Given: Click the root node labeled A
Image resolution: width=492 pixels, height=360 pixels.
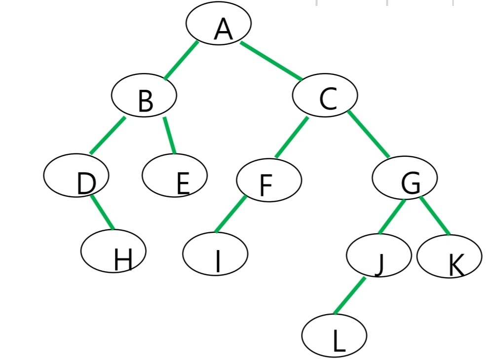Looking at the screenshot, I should [x=219, y=23].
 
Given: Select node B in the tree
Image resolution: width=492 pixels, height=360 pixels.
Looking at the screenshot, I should [x=144, y=96].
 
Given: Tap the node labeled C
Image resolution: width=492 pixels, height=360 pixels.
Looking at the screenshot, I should [x=325, y=96].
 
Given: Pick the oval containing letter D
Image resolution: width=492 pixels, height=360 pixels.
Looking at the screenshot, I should [x=76, y=176].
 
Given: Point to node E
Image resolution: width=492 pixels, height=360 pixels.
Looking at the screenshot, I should [x=175, y=176].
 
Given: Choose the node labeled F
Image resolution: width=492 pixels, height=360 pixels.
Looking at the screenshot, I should [x=269, y=180].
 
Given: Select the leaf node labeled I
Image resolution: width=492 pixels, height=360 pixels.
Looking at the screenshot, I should [x=215, y=254].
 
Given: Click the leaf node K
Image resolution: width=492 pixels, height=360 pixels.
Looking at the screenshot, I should [x=449, y=257].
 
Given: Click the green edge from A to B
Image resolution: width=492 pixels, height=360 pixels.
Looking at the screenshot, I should [x=181, y=60].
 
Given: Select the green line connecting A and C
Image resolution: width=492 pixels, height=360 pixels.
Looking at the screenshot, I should [x=271, y=61].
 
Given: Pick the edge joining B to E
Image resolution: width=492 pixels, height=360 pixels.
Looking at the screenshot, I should [x=170, y=135].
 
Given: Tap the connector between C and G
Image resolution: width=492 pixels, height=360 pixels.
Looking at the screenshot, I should [x=368, y=134].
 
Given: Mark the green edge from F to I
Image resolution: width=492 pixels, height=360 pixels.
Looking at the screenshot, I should [x=230, y=214].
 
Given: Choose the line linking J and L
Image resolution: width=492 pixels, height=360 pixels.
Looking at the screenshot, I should [x=349, y=295].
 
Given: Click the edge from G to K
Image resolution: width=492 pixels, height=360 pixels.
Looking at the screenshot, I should [x=435, y=216].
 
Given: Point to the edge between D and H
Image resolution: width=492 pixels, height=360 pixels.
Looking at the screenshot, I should [x=103, y=213].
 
